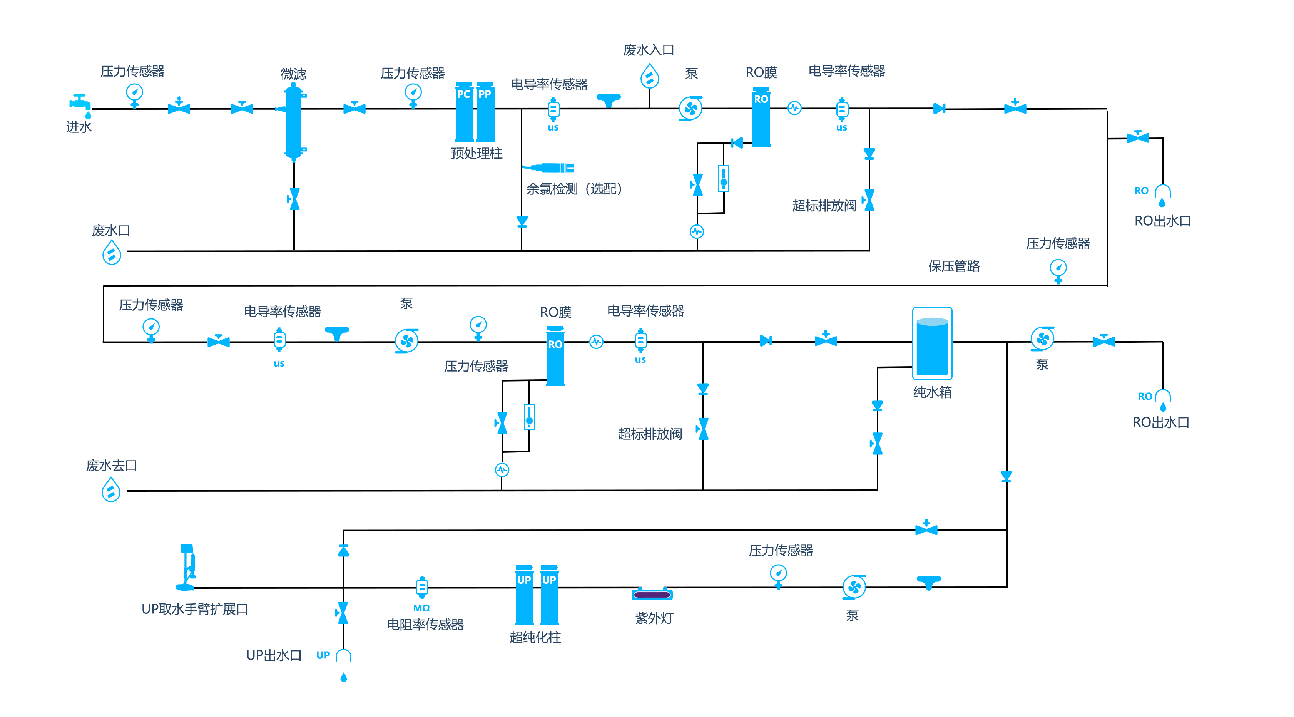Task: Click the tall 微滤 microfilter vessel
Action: click(x=293, y=122)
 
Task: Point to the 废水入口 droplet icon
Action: click(x=650, y=76)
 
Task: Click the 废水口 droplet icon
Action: click(x=112, y=252)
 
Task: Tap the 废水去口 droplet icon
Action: click(x=111, y=489)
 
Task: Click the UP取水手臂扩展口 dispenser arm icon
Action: click(x=187, y=567)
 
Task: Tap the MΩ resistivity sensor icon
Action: click(x=422, y=587)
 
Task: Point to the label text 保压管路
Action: click(x=954, y=266)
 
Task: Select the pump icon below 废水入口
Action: click(x=691, y=109)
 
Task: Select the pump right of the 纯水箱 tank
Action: click(x=1042, y=339)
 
